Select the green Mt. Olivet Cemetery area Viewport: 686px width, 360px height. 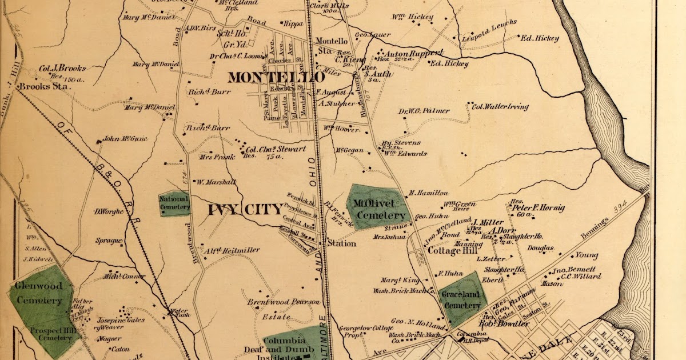pos(378,209)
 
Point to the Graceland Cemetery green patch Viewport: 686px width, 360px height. pos(464,298)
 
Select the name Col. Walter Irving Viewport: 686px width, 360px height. pos(500,106)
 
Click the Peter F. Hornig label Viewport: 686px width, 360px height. pos(537,208)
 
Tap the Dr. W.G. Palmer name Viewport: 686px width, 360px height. pos(424,111)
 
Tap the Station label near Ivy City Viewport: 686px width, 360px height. pos(341,243)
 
